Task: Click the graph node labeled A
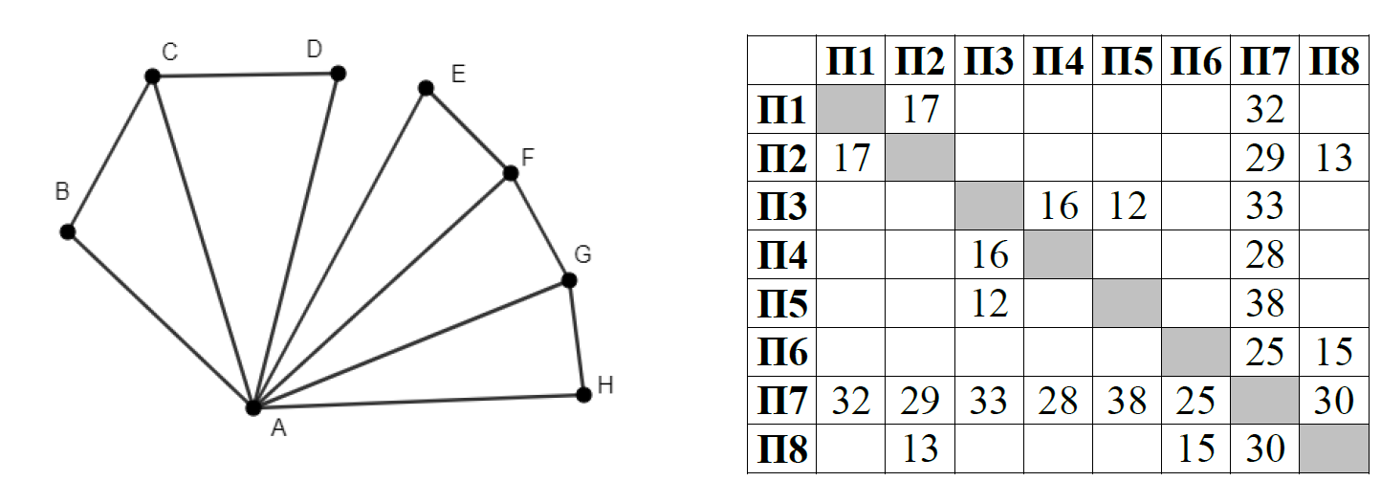coord(252,406)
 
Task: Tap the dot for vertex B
coord(67,231)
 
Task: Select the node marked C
coord(151,76)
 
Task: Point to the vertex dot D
coord(337,73)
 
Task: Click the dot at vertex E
coord(427,88)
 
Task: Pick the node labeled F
coord(510,173)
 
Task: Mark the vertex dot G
coord(569,280)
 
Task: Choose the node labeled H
coord(584,394)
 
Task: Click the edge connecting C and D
coord(244,75)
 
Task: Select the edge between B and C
coord(109,153)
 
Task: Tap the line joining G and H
coord(577,337)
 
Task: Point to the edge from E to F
coord(469,131)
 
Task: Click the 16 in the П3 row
coord(1058,206)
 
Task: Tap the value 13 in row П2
coord(1333,158)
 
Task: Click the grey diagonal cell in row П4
coord(1058,254)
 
